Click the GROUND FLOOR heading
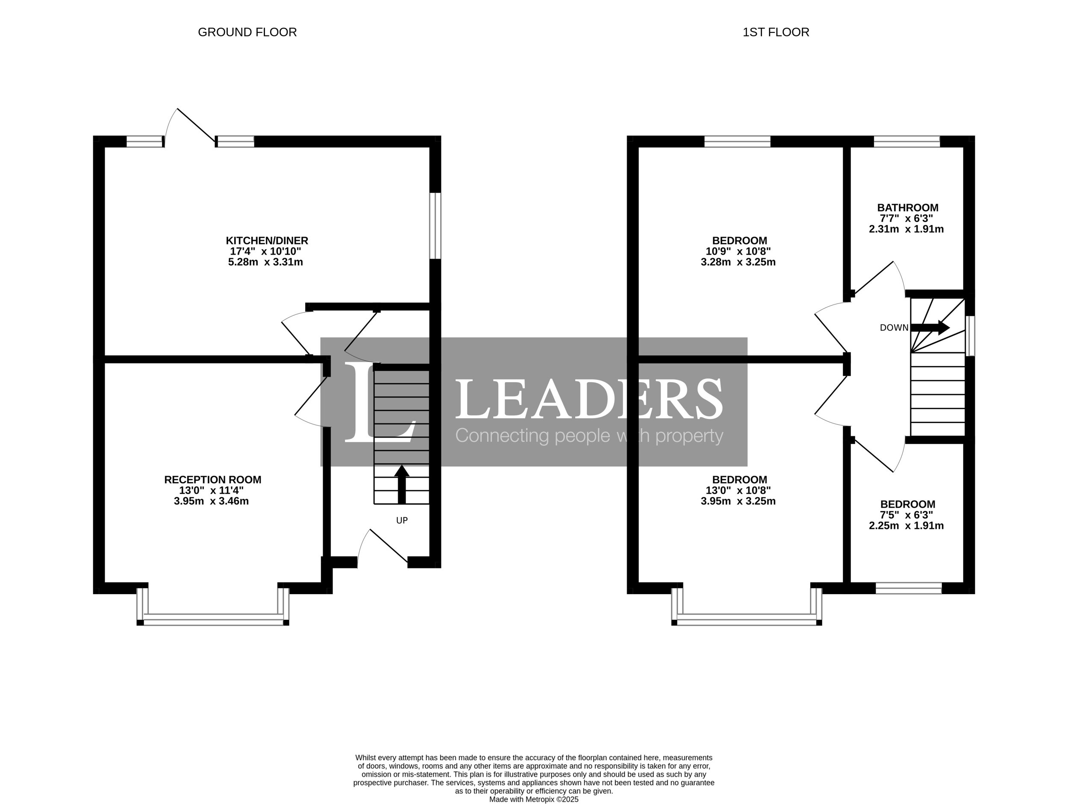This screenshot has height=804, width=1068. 247,32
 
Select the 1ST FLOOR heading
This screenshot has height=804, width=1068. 776,32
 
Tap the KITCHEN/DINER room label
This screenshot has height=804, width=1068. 267,241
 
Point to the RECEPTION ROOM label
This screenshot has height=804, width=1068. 212,480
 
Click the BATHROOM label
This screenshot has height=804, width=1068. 908,208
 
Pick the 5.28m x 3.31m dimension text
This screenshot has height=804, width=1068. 265,262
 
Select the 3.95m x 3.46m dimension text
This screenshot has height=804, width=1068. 212,501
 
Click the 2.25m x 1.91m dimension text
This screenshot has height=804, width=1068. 906,526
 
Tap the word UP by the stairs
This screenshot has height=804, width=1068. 402,521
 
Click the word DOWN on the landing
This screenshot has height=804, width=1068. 894,328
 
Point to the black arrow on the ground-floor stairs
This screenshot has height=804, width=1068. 402,484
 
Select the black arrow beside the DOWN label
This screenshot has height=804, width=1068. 930,328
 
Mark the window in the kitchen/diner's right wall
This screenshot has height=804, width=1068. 435,226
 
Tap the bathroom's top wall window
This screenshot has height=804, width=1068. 907,141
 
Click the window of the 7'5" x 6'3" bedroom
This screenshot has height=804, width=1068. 909,588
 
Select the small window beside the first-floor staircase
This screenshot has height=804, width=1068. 970,336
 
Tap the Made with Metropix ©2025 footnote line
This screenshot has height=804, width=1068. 534,800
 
